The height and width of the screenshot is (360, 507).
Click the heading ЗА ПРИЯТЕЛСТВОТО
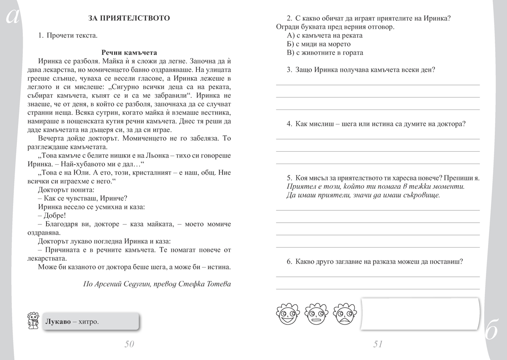[x=129, y=18]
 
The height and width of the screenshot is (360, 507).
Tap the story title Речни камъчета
[x=129, y=52]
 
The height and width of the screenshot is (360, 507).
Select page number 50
[x=129, y=344]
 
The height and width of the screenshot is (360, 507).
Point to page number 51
[x=378, y=344]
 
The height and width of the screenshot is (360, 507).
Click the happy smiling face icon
[x=286, y=314]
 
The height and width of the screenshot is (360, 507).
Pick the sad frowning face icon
[x=344, y=314]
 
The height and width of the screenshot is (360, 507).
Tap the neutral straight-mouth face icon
[x=315, y=314]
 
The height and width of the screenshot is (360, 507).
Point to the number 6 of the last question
[x=289, y=261]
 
